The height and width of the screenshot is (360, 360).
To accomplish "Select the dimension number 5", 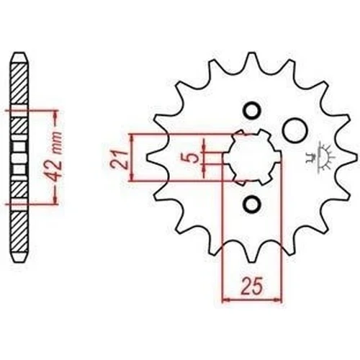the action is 192,158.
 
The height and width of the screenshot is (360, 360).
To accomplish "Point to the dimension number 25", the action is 252,286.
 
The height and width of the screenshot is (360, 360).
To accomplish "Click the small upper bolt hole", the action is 251,111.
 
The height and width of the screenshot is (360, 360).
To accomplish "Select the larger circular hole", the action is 294,130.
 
